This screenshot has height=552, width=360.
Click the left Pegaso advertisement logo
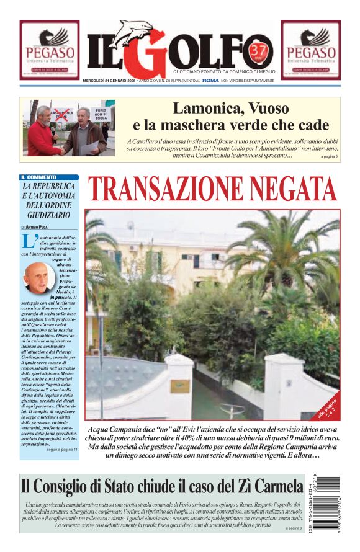[49, 49]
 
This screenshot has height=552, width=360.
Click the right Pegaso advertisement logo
[310, 49]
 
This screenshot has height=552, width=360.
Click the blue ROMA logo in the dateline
[210, 81]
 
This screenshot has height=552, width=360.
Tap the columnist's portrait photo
[38, 277]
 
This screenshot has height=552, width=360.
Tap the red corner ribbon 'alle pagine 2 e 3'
[328, 406]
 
